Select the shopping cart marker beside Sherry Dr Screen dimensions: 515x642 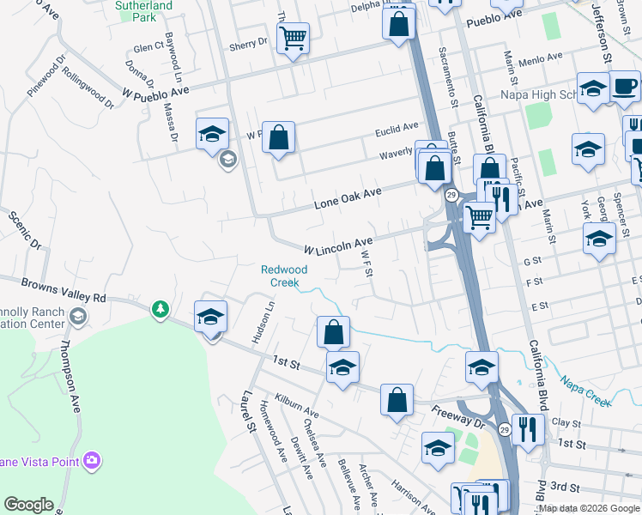[x=294, y=38]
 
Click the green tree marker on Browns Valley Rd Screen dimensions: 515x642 [x=160, y=308]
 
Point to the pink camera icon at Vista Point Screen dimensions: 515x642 [x=92, y=462]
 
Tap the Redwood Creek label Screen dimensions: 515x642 [x=285, y=276]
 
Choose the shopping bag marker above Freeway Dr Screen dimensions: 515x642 [x=397, y=399]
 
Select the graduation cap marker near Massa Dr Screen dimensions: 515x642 [x=212, y=134]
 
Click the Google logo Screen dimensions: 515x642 [x=28, y=505]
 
